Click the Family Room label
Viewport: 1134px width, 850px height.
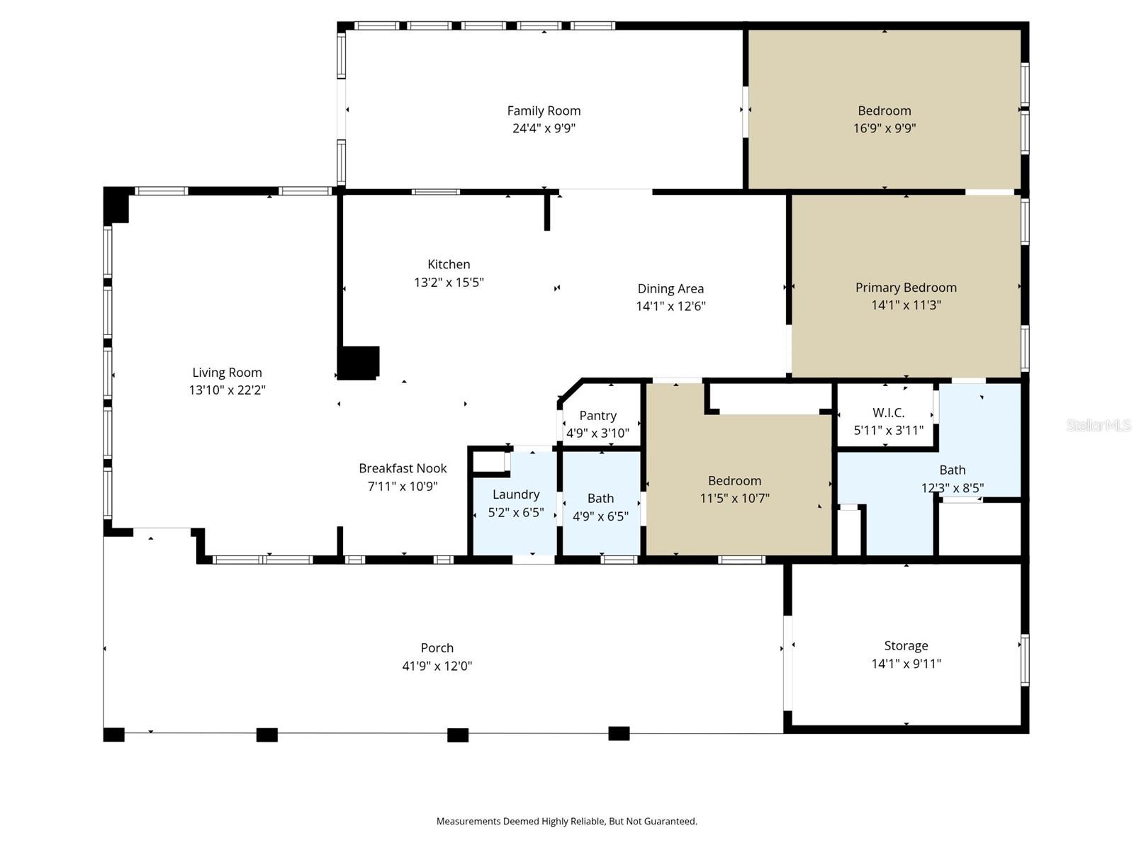(544, 110)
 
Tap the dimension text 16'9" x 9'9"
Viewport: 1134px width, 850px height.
(884, 128)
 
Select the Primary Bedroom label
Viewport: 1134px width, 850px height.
(905, 287)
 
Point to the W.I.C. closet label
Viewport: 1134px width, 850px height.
(887, 412)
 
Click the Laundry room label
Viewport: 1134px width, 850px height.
(515, 494)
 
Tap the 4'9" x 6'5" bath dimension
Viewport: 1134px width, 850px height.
(600, 516)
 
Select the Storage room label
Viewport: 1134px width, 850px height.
(905, 645)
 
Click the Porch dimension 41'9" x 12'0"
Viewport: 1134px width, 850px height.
(437, 666)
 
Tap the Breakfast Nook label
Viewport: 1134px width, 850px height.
(402, 468)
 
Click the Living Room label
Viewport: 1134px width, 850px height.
(227, 373)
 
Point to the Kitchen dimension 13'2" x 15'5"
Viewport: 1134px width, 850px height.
(449, 282)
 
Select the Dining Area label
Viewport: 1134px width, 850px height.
(670, 288)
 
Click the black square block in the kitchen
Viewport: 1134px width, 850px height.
(359, 363)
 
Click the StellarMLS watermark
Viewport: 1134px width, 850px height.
(1098, 425)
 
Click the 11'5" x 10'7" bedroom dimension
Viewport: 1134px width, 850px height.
(734, 498)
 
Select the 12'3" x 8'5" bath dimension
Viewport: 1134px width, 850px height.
(952, 488)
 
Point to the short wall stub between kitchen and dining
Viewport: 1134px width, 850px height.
(546, 212)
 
